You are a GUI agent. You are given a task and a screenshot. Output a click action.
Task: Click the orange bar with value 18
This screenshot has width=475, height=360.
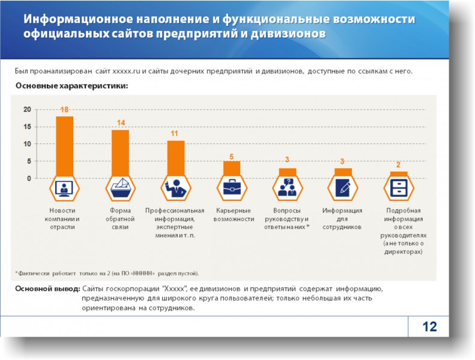[64, 144]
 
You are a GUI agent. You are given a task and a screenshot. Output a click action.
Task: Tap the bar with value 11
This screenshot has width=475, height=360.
[175, 157]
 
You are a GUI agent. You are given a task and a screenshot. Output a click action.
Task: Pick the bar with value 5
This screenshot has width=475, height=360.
[231, 168]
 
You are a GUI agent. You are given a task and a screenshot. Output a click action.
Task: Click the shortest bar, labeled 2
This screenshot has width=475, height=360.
[399, 174]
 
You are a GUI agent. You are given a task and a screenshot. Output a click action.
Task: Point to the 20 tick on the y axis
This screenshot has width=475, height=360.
[26, 109]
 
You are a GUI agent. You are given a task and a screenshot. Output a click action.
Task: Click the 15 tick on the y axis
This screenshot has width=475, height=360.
[26, 127]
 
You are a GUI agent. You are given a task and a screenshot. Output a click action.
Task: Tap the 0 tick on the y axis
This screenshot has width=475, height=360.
[28, 179]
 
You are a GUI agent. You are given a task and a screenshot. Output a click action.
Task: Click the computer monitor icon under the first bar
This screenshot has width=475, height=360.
[64, 188]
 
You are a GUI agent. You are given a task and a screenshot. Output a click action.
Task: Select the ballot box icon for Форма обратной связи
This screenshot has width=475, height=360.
[120, 188]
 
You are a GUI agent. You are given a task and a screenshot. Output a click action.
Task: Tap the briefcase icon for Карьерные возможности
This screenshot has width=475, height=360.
[231, 188]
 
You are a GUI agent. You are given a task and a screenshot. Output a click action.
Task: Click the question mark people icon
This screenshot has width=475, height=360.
[286, 188]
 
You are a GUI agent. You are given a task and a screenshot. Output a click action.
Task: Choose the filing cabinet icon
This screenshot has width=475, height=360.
[399, 188]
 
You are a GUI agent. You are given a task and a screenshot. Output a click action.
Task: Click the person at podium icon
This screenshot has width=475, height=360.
[175, 188]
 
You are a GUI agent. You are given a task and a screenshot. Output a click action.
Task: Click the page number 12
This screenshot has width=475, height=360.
[429, 327]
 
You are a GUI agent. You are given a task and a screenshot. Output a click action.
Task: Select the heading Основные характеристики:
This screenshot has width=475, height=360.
[71, 86]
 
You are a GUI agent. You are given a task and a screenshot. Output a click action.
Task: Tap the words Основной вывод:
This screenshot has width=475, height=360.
[47, 289]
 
